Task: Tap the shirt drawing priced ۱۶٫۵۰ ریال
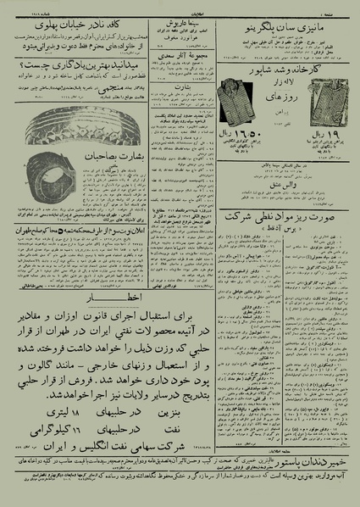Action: pos(233,103)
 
